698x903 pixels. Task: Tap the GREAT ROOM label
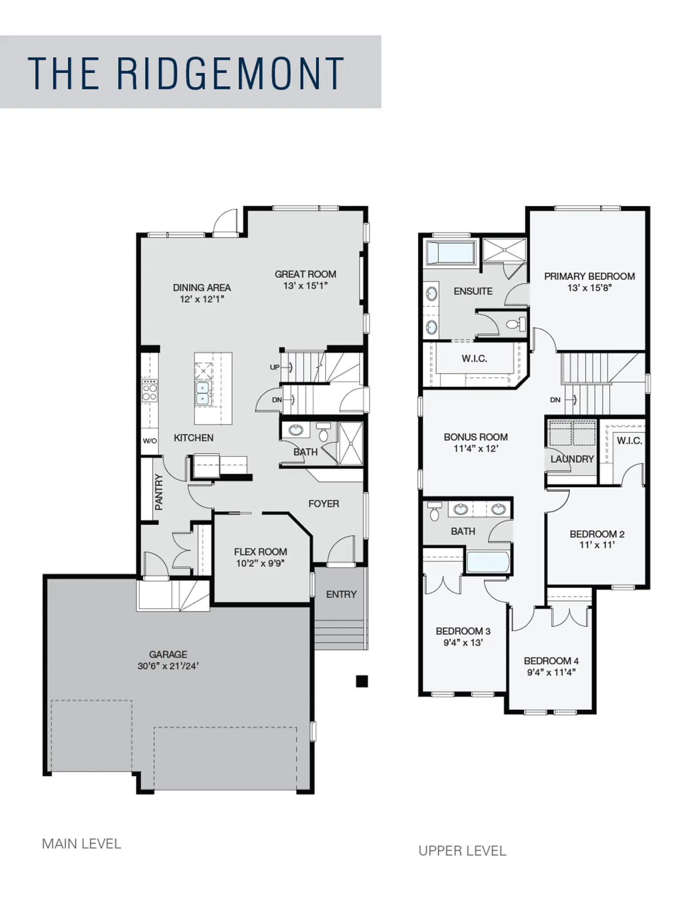(x=305, y=274)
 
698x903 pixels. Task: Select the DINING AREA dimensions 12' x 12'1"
(x=202, y=299)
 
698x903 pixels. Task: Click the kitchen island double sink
(x=202, y=393)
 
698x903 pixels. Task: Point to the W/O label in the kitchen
(x=150, y=441)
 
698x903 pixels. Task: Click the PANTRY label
(x=159, y=492)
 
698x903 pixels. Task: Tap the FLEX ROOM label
(x=260, y=552)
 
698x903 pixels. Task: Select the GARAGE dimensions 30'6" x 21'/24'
(x=168, y=666)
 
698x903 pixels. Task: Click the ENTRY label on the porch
(x=341, y=594)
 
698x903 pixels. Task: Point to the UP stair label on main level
(x=274, y=367)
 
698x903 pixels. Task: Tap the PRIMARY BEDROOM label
(x=589, y=276)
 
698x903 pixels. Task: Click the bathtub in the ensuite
(x=451, y=252)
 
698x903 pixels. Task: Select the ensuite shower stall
(x=504, y=250)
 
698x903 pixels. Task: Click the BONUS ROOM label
(x=476, y=437)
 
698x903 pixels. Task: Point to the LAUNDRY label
(x=572, y=459)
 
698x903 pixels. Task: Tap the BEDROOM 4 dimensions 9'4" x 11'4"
(x=551, y=672)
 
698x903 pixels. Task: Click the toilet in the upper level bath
(x=434, y=511)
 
